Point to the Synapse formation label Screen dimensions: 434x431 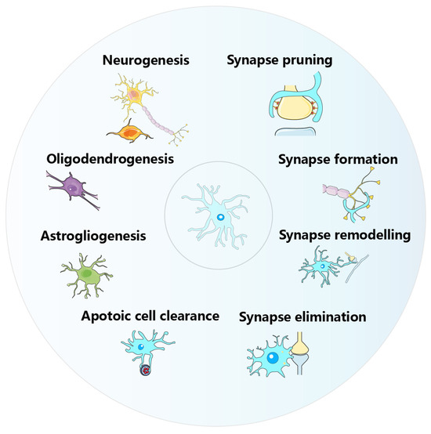pyautogui.click(x=338, y=159)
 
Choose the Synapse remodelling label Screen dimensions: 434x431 pyautogui.click(x=344, y=235)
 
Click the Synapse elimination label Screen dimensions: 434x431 pyautogui.click(x=303, y=317)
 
